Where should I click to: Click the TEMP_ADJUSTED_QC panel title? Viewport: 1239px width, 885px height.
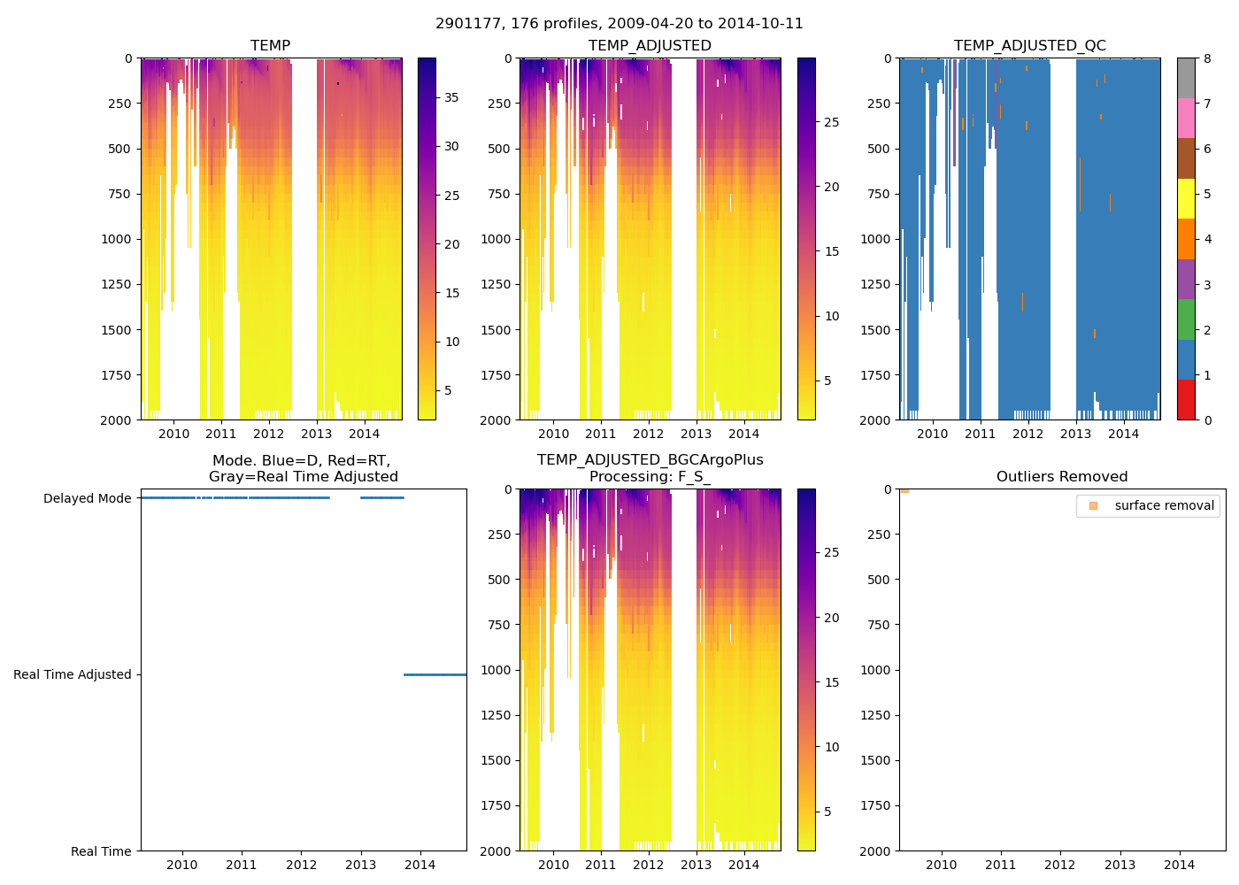pos(1029,46)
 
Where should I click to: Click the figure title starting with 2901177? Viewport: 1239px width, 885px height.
pos(619,24)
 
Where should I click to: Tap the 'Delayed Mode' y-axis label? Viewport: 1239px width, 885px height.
pos(87,498)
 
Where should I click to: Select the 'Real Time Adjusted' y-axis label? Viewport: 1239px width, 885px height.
pos(73,674)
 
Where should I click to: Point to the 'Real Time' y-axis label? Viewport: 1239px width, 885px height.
pos(101,851)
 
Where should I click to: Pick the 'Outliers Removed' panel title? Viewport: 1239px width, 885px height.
pos(1062,477)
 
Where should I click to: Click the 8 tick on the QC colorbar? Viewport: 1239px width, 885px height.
pos(1207,58)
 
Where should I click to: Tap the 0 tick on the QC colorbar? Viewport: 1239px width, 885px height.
pos(1207,420)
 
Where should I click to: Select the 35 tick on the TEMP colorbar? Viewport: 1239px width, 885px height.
pos(451,97)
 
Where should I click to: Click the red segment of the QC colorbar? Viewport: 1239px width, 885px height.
pos(1186,400)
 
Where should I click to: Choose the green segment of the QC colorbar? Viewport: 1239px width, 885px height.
pos(1186,319)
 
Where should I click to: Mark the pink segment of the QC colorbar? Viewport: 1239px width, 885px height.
pos(1186,119)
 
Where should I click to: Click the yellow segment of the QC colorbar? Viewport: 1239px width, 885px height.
pos(1186,199)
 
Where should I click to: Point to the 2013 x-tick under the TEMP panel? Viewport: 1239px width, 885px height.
pos(316,434)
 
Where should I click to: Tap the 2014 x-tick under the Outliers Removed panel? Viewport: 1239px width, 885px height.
pos(1180,865)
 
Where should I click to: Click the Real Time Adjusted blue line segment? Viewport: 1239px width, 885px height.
pos(435,674)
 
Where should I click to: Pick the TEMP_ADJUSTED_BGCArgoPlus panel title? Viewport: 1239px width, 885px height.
pos(650,468)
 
